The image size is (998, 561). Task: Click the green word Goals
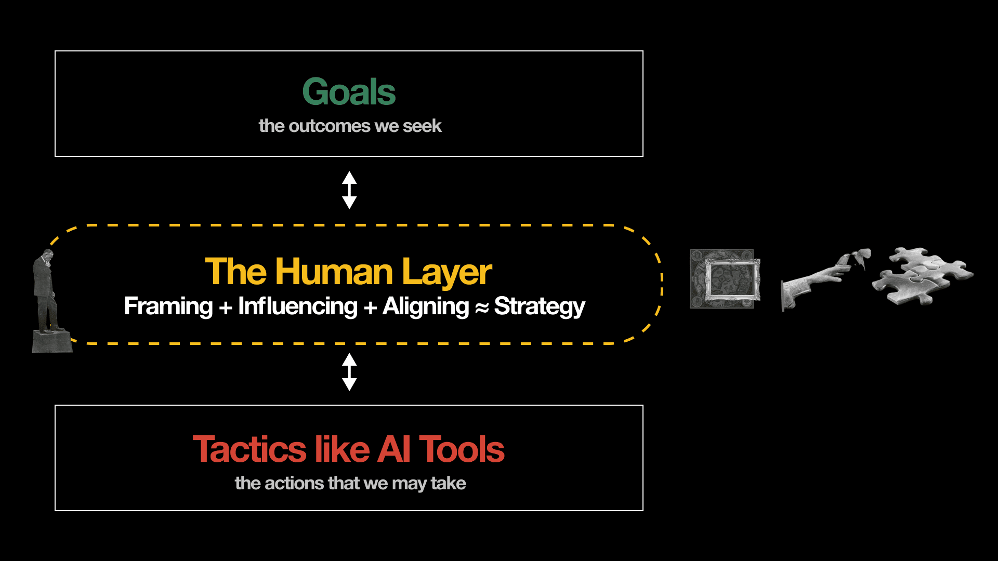(x=349, y=92)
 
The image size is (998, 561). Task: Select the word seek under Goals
(x=422, y=126)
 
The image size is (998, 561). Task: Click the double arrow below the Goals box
(x=349, y=190)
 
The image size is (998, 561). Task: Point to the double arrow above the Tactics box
(x=349, y=372)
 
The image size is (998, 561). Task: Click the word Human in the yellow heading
(x=334, y=272)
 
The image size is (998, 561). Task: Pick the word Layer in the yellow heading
(x=447, y=273)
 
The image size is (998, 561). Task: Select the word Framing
(x=168, y=306)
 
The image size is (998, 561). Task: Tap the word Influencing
(x=297, y=306)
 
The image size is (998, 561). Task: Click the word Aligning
(x=426, y=306)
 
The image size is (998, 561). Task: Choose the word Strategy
(x=539, y=306)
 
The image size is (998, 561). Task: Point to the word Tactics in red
(x=249, y=449)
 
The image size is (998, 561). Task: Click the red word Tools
(x=462, y=449)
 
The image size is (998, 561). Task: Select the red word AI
(x=394, y=449)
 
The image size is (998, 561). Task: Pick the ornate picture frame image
(x=725, y=279)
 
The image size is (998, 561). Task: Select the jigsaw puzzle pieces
(x=921, y=275)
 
